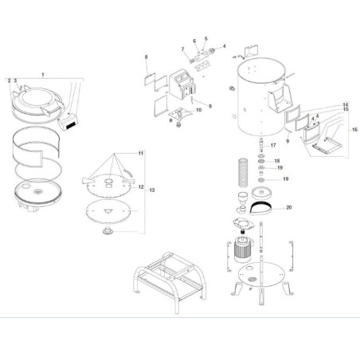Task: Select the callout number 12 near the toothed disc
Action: (141, 186)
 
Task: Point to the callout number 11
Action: (139, 153)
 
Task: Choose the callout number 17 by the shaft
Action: (272, 145)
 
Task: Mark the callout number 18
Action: (276, 162)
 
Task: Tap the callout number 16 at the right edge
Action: (355, 129)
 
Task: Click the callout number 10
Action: (199, 110)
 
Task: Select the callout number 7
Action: (181, 49)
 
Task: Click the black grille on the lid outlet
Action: (68, 125)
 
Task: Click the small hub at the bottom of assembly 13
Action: (105, 233)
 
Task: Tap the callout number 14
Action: (346, 105)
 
